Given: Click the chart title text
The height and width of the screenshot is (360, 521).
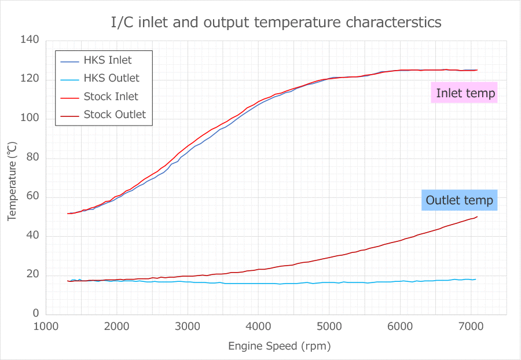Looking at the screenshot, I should coord(276,22).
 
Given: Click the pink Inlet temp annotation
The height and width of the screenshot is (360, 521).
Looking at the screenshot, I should coord(465,93).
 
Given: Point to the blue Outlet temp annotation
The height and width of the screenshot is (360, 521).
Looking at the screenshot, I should coord(460,200).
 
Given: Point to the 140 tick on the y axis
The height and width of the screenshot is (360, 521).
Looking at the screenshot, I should coord(30,40).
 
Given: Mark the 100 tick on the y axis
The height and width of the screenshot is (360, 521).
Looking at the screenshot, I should coord(30,118).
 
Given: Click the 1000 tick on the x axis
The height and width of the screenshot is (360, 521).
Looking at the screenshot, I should coord(46,325).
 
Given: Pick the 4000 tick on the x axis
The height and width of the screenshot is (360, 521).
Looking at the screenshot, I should coord(259,325).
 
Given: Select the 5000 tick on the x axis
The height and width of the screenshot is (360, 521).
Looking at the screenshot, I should coord(329,325).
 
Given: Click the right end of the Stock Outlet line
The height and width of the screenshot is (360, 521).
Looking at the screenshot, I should coord(477,217).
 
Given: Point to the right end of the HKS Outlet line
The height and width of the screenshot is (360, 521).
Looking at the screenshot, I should coord(476,279).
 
